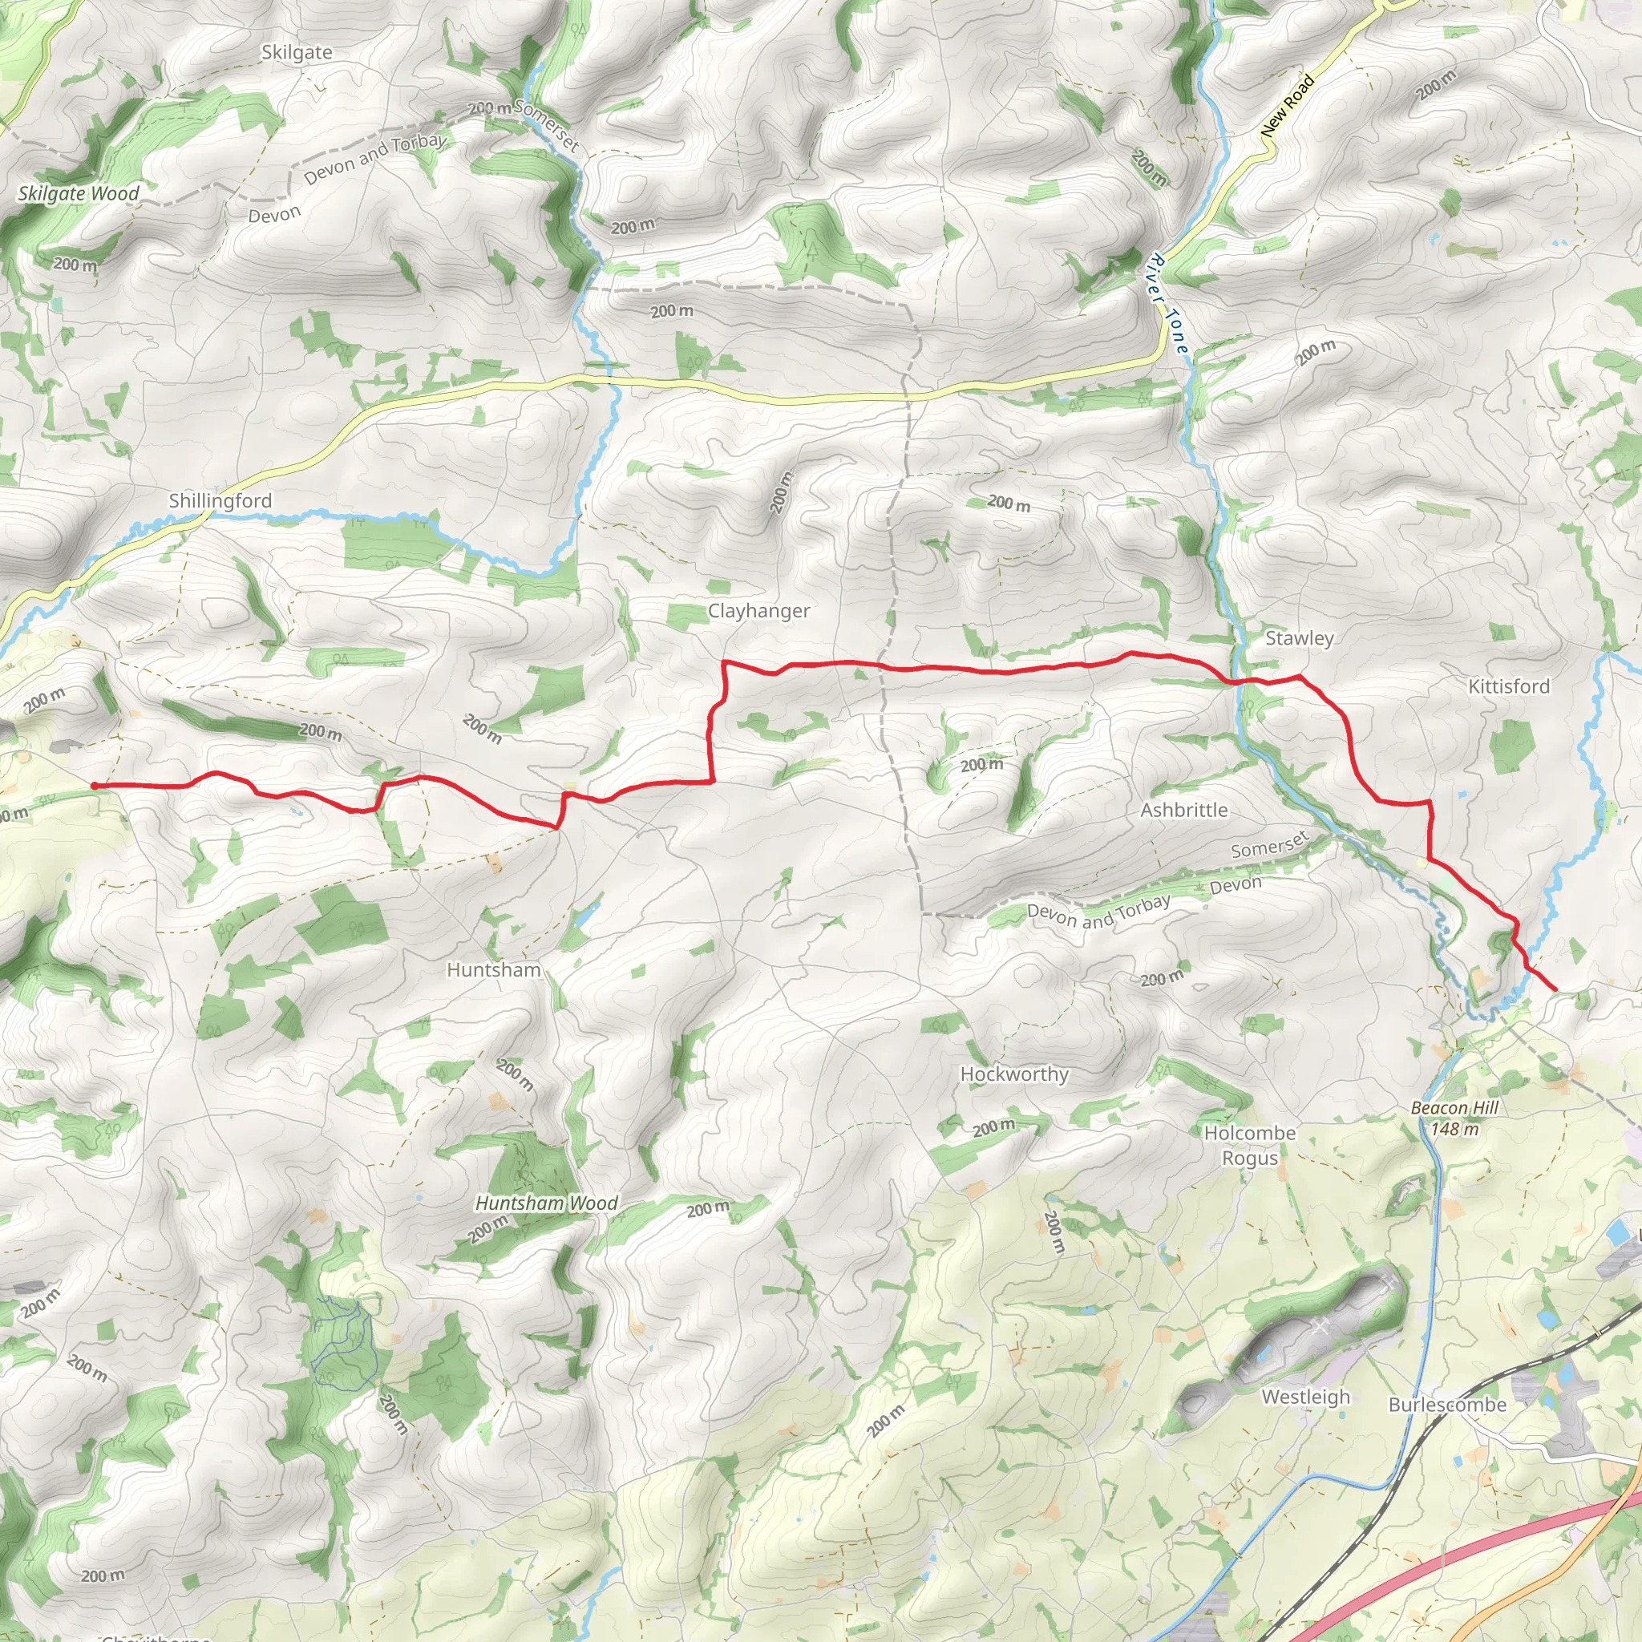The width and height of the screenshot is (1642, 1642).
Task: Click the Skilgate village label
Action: [x=297, y=53]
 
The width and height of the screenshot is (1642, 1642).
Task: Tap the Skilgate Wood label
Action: [x=79, y=194]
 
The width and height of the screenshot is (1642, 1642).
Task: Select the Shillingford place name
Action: [x=220, y=500]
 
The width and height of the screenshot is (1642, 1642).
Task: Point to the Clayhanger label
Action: [x=758, y=611]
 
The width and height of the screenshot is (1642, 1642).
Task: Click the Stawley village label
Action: [x=1299, y=638]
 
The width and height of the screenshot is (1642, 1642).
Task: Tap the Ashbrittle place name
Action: [x=1183, y=810]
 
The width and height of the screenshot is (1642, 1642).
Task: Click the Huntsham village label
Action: [x=494, y=970]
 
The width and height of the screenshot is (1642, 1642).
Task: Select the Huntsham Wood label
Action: [x=546, y=1203]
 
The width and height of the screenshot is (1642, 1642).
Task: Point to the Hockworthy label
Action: [x=1014, y=1074]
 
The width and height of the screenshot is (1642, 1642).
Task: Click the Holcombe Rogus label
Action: [x=1249, y=1146]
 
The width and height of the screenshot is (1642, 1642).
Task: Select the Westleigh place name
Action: [x=1304, y=1397]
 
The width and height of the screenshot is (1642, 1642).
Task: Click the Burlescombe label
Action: [x=1446, y=1405]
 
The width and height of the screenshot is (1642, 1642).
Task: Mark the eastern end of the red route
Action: [x=1555, y=990]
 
